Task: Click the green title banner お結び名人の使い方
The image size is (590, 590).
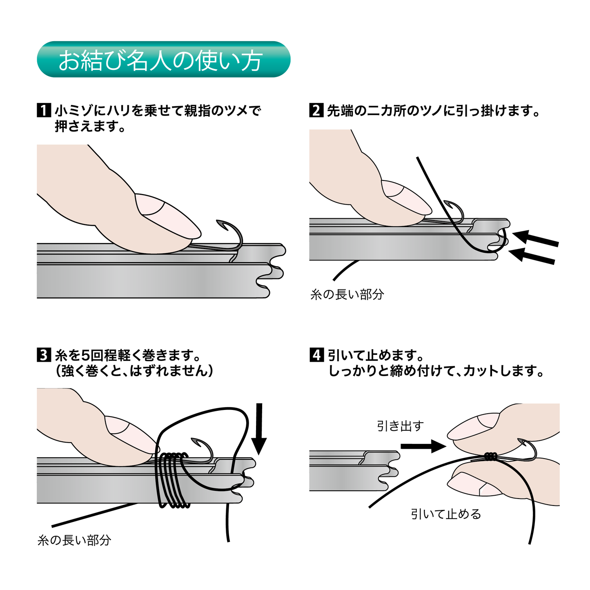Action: point(163,60)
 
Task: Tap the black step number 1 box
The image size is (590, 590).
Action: point(43,110)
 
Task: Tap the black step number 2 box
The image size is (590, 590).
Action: point(316,110)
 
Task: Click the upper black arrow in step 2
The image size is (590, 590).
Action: point(535,239)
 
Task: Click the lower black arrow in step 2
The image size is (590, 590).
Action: point(533,256)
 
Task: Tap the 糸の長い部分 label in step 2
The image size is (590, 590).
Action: point(347,294)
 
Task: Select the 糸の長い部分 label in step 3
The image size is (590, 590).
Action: point(74,540)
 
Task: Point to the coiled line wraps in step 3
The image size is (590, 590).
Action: point(174,480)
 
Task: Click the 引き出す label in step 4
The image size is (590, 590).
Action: point(400,426)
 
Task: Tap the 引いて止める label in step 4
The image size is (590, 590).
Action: point(446,514)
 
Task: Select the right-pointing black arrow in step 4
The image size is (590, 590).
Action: point(423,446)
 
